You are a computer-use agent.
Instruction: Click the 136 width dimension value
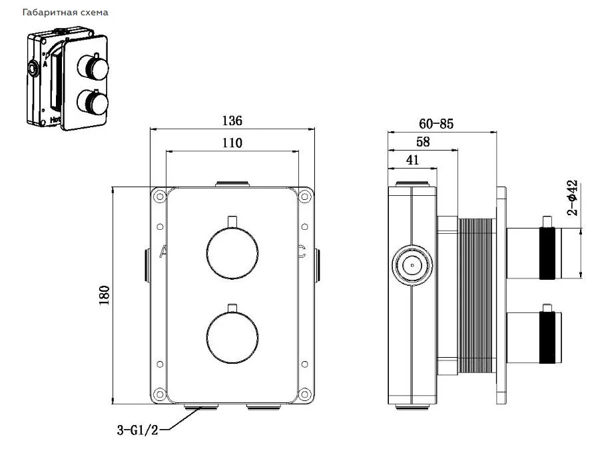click(232, 121)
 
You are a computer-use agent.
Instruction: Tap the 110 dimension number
click(232, 143)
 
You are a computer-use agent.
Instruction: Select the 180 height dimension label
click(104, 295)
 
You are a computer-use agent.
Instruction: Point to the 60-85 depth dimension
click(436, 123)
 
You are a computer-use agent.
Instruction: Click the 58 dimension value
click(423, 142)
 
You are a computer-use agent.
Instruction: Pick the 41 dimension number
click(412, 160)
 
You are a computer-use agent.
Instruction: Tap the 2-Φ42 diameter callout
click(572, 198)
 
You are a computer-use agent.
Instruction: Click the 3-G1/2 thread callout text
click(137, 430)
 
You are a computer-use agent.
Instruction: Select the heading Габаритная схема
click(65, 13)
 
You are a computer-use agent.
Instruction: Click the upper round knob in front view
click(232, 253)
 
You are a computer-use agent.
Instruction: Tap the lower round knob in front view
click(232, 337)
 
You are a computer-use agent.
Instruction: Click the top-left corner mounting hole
click(159, 197)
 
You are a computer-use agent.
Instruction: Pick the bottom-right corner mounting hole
click(304, 394)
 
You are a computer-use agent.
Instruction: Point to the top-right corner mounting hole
click(304, 197)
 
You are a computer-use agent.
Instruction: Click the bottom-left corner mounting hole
click(159, 394)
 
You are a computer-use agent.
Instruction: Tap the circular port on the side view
click(412, 264)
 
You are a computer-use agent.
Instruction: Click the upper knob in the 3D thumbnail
click(93, 67)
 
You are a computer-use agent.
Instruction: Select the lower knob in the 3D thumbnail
click(93, 102)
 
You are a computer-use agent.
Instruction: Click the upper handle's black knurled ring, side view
click(547, 253)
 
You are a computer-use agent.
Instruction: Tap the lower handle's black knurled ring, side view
click(547, 337)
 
